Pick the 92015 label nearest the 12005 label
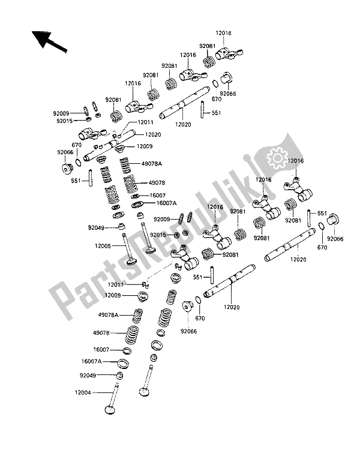[158, 235]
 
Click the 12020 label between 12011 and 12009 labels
[153, 136]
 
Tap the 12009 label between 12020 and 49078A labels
[153, 146]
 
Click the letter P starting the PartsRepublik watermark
[67, 307]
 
